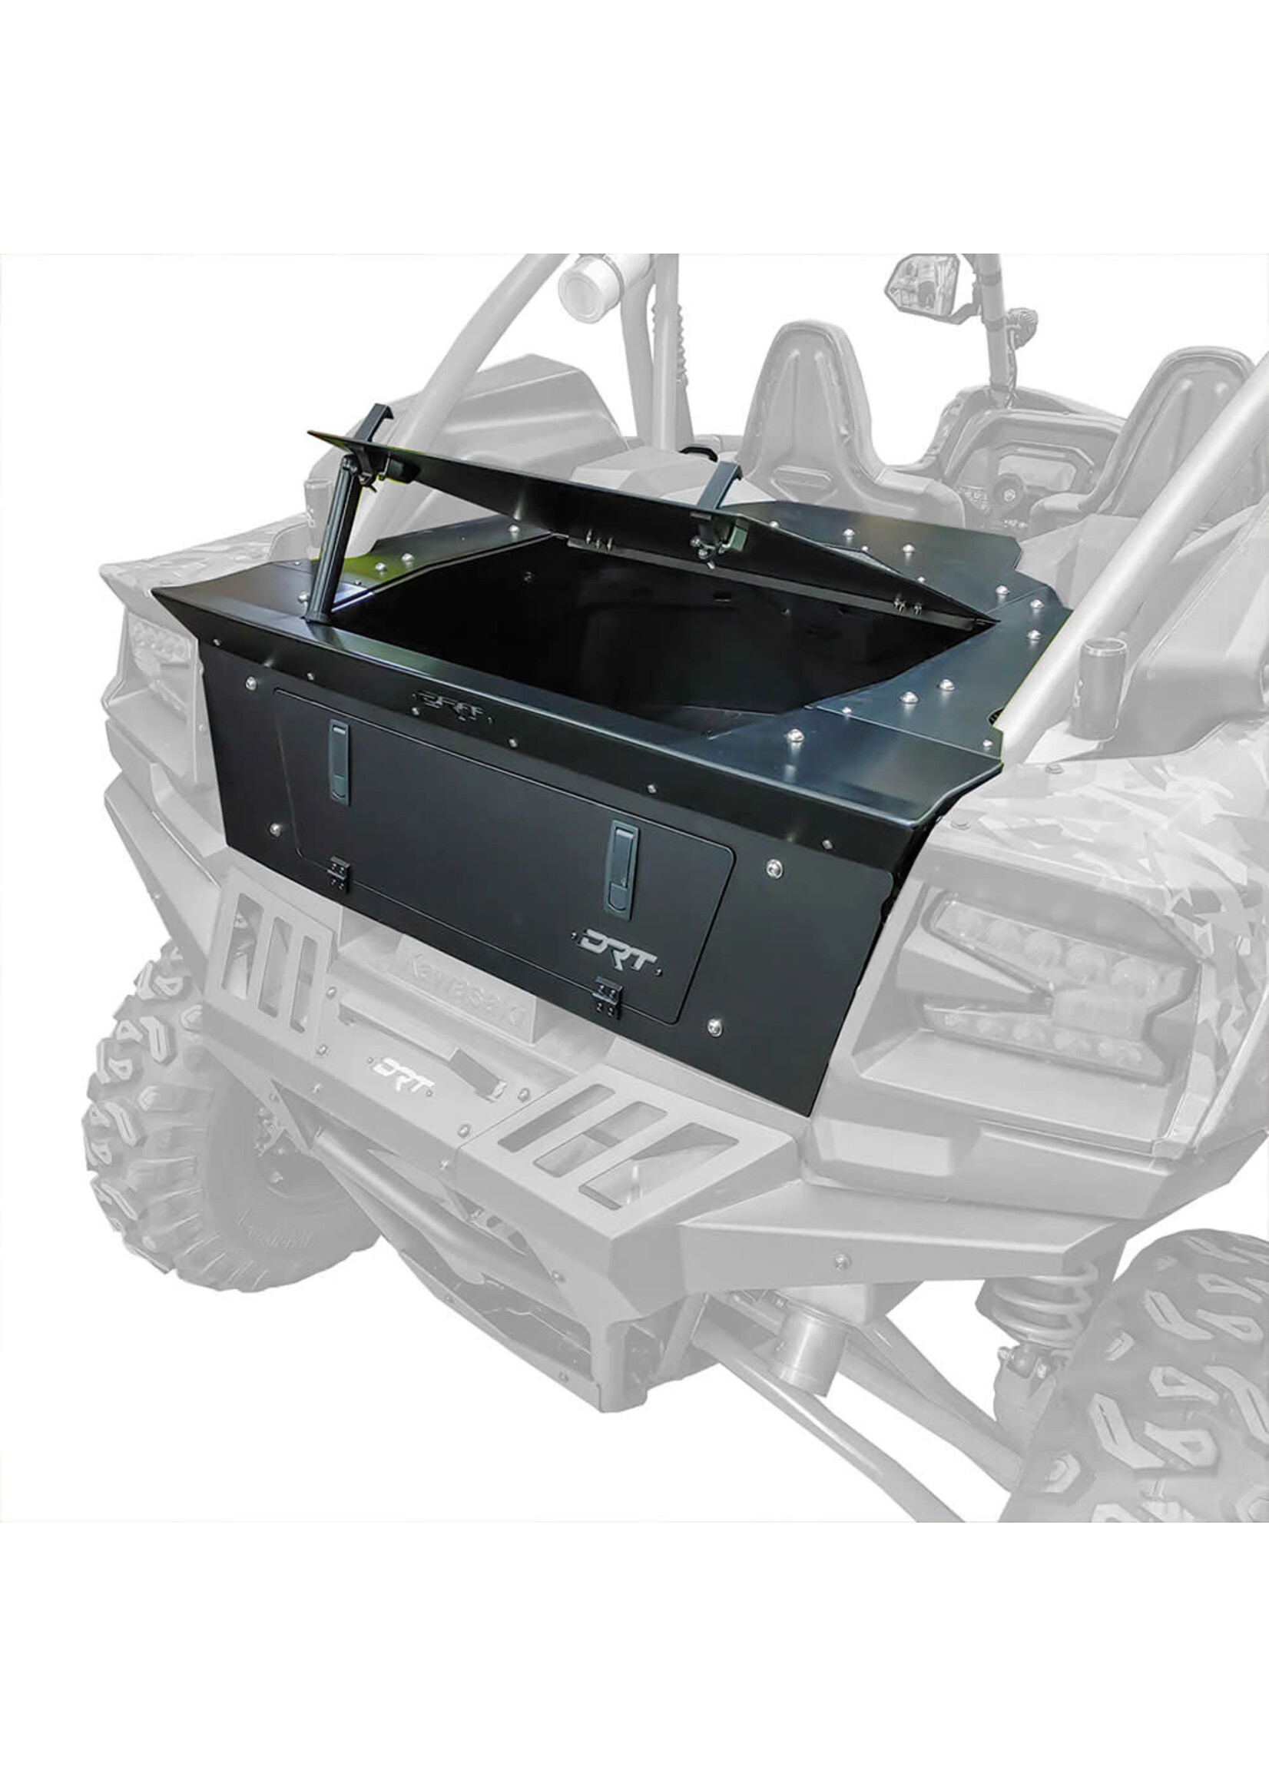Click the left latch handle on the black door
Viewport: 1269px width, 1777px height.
pyautogui.click(x=338, y=761)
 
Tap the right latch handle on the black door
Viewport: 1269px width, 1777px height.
pyautogui.click(x=622, y=868)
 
